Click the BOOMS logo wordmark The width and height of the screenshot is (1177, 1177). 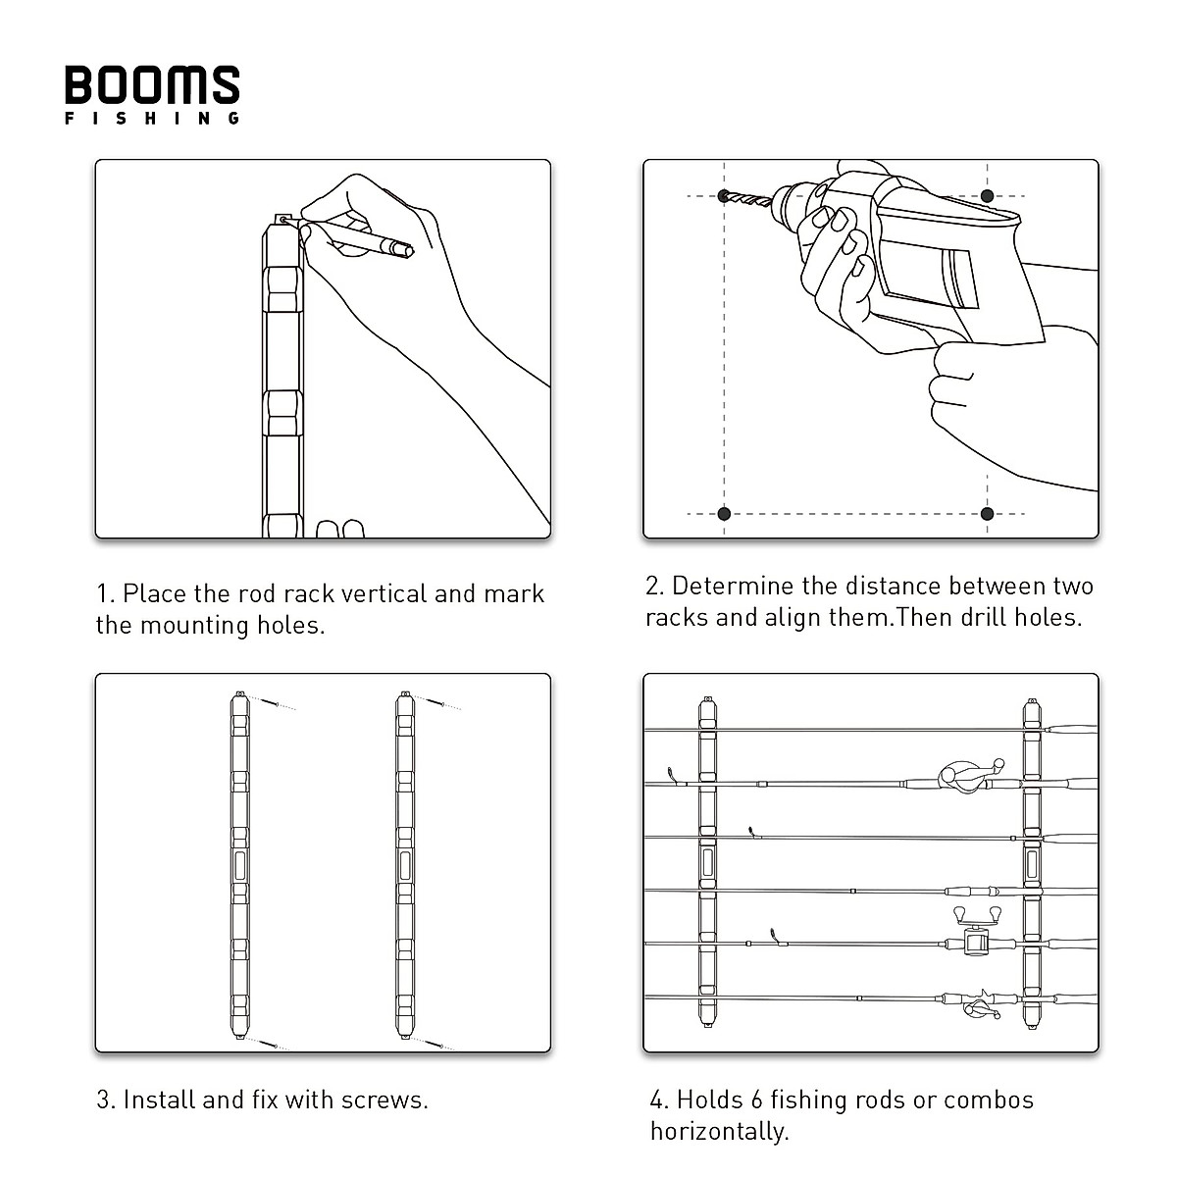click(152, 85)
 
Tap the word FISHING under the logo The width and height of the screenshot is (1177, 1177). click(152, 119)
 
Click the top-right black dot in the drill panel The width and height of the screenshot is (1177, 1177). click(987, 196)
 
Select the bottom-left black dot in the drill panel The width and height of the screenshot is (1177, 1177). click(724, 513)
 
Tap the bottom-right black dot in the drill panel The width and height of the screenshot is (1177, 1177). click(987, 513)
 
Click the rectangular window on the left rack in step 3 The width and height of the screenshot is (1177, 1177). click(240, 866)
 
